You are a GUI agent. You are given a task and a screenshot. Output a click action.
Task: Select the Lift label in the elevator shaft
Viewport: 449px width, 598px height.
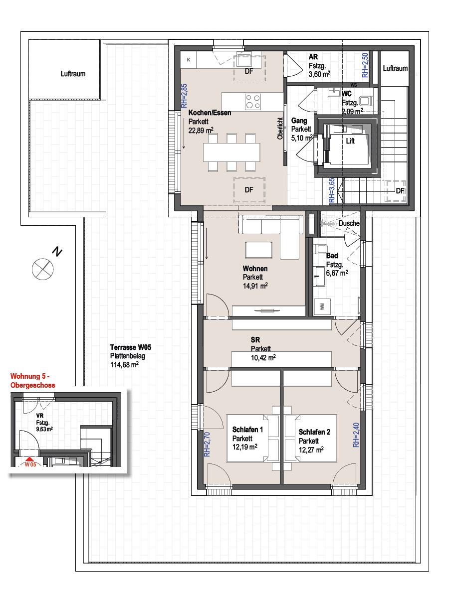350,141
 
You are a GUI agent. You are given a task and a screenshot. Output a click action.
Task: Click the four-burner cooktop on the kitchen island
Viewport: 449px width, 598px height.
252,101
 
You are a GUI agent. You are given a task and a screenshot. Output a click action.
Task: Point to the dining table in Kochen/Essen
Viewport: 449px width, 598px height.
231,152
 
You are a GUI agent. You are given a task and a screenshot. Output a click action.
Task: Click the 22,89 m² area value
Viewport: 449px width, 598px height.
201,130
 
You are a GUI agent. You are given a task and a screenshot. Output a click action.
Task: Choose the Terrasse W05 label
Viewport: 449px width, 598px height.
131,347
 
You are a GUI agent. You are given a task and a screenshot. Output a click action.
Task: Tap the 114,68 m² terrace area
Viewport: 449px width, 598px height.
125,364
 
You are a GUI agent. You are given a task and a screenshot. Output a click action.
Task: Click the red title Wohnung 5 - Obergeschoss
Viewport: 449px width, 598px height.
33,381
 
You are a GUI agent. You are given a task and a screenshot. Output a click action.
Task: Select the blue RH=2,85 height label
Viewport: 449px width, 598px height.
184,96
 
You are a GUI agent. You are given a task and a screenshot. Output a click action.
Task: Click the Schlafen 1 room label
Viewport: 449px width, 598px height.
247,430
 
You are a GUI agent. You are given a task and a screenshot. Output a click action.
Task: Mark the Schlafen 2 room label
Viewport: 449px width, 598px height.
314,432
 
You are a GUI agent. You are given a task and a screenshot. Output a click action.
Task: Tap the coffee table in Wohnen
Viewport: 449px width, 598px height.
258,250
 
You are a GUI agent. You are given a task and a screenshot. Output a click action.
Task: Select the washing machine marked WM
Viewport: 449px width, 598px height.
322,307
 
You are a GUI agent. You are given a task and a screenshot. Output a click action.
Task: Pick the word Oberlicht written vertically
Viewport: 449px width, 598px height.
280,129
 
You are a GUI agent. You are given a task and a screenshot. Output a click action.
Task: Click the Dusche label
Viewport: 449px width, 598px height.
349,223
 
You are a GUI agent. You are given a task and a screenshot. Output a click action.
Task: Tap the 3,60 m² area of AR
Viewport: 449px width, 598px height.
319,74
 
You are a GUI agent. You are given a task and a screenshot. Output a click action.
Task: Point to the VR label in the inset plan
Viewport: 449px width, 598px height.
40,416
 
